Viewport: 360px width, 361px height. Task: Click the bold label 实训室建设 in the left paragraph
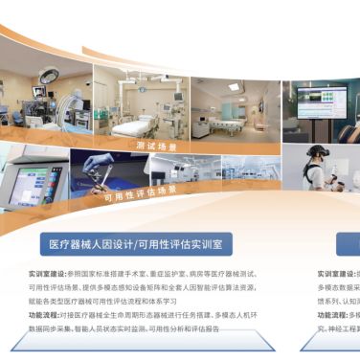[x=43, y=273]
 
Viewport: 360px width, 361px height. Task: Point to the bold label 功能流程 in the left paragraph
[x=43, y=314]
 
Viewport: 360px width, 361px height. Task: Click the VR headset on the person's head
[x=317, y=154]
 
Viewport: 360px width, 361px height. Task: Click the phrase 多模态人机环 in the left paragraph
[x=222, y=314]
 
